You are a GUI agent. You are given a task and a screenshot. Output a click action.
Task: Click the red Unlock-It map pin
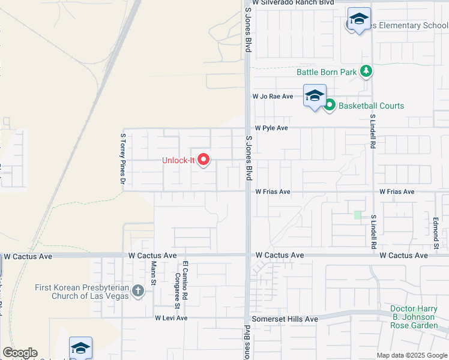click(203, 160)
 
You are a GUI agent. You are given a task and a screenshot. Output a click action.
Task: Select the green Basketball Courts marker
click(330, 106)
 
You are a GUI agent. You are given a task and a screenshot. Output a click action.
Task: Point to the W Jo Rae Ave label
click(273, 96)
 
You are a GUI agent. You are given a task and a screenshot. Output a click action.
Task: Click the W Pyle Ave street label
click(271, 128)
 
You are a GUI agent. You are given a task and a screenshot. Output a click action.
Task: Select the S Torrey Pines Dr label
click(123, 158)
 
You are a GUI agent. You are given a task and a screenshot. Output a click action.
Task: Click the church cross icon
click(138, 292)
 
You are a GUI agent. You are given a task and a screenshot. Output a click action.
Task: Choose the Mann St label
click(154, 273)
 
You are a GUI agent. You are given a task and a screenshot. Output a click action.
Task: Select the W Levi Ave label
click(171, 318)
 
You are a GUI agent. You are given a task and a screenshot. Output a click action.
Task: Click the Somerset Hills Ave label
click(285, 319)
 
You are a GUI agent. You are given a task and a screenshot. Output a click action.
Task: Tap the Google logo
click(20, 353)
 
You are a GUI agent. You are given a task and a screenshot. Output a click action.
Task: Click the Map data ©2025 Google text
click(411, 355)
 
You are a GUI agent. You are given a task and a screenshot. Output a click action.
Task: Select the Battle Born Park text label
click(327, 72)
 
